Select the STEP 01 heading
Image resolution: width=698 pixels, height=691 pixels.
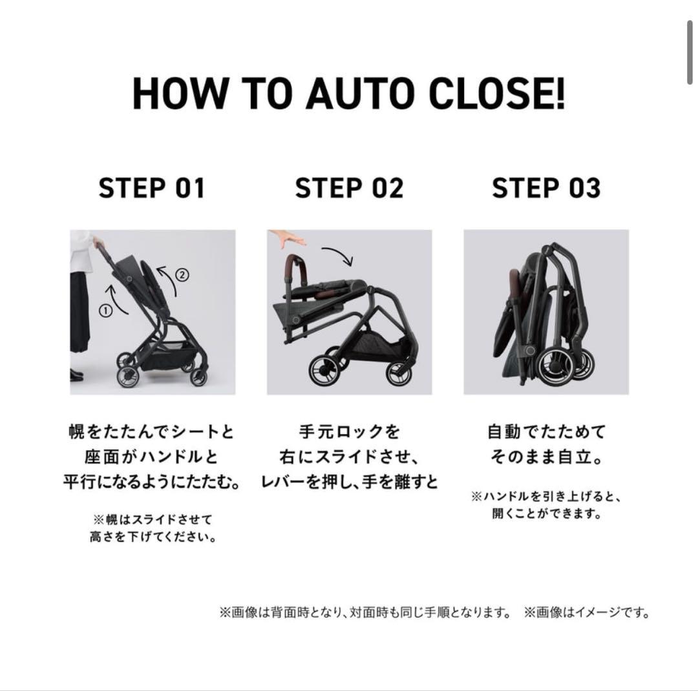[x=152, y=188]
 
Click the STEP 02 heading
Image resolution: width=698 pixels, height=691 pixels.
[x=349, y=188]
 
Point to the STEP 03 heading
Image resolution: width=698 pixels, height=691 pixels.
[x=546, y=188]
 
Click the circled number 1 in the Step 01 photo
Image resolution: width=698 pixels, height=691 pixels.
[x=105, y=310]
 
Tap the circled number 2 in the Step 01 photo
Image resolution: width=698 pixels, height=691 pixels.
[x=182, y=274]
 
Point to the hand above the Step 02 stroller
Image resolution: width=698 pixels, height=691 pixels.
[x=287, y=238]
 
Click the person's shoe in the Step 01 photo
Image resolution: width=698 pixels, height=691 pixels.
[x=76, y=375]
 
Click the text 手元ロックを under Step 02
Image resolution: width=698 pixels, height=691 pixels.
[x=349, y=431]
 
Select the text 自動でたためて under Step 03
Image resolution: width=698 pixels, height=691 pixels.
[x=546, y=431]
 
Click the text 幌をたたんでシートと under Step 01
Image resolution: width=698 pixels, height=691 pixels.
[x=152, y=431]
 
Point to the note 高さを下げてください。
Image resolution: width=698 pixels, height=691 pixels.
[x=153, y=537]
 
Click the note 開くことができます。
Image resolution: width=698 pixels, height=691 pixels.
[x=546, y=515]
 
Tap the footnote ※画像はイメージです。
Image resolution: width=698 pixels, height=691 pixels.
[x=587, y=612]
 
